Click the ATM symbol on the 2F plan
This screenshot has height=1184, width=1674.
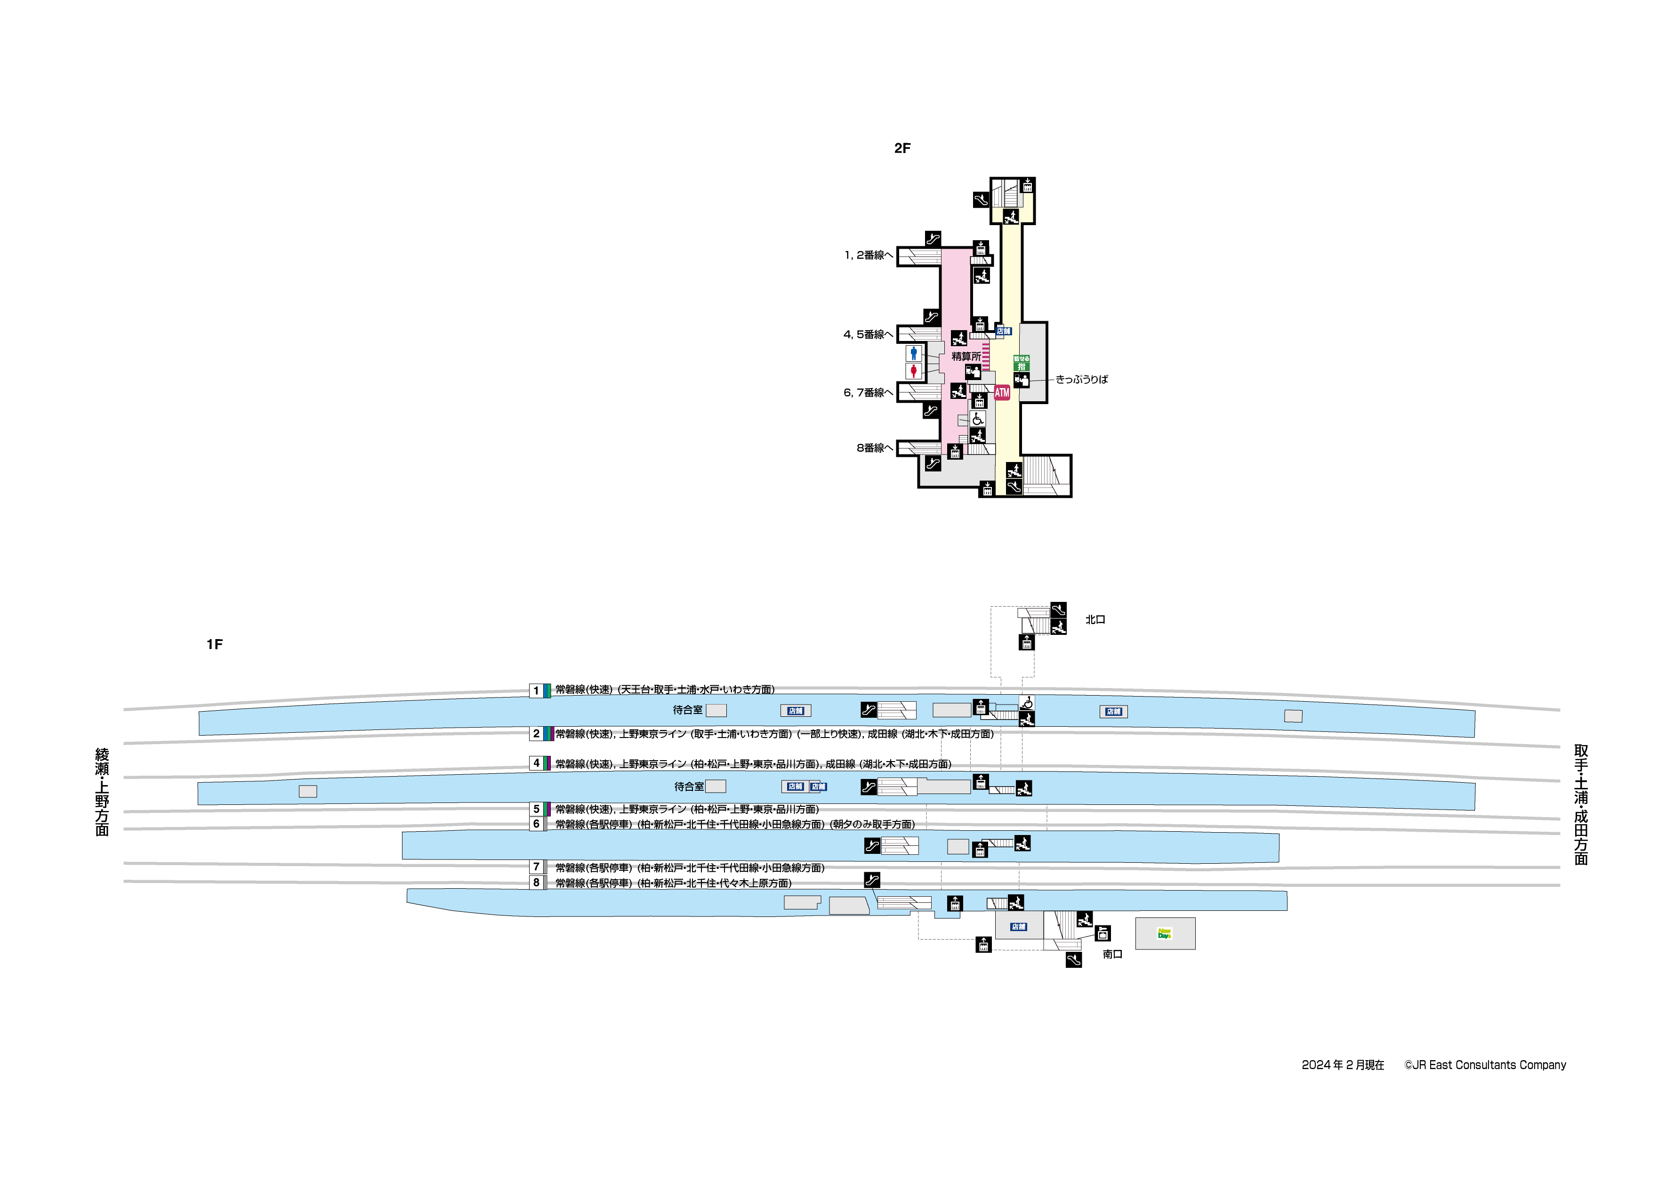[1002, 392]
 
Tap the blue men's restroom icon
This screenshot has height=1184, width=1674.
[914, 354]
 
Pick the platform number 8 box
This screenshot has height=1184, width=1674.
[536, 883]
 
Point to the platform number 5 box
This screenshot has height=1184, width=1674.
[536, 809]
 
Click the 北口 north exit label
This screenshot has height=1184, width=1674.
[1095, 619]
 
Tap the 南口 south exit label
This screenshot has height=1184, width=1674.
[1112, 954]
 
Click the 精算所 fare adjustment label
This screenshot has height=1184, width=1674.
[966, 357]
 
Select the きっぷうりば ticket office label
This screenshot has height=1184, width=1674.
[1081, 379]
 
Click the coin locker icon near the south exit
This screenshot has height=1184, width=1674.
[1103, 934]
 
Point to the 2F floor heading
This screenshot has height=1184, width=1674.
[902, 148]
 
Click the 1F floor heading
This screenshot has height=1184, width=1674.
[214, 644]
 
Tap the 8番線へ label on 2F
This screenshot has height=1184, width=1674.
[874, 448]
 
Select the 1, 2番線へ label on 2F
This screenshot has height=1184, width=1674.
[869, 255]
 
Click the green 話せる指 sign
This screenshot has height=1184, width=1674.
[1022, 363]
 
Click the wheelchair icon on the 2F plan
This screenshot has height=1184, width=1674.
[978, 419]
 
